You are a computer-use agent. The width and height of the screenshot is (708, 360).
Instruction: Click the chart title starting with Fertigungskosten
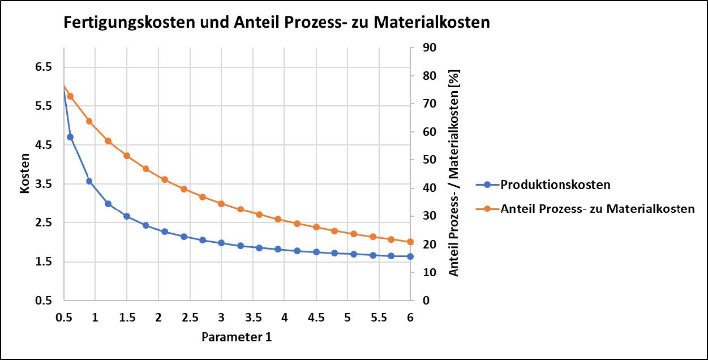[276, 23]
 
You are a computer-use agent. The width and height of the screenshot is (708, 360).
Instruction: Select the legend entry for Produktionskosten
[555, 185]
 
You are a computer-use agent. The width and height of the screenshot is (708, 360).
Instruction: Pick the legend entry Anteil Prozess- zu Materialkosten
[597, 208]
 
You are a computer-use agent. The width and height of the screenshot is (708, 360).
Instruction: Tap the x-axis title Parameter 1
[237, 337]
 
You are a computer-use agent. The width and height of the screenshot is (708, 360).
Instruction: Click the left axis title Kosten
[24, 173]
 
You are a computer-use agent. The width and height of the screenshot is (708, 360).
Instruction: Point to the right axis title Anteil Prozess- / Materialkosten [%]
[454, 173]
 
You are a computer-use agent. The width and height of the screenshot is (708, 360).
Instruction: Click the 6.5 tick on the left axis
[44, 67]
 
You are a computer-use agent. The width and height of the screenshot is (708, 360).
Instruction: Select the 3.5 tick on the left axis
[44, 184]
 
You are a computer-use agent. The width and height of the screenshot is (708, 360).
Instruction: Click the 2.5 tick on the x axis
[190, 317]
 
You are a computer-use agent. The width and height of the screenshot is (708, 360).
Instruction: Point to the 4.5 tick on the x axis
[316, 317]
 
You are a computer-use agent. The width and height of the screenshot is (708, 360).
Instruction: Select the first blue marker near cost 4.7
[70, 137]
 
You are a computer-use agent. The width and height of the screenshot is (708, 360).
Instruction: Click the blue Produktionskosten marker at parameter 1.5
[127, 216]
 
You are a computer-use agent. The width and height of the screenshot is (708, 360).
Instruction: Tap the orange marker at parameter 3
[221, 204]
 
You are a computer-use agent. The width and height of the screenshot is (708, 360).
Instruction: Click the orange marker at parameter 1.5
[127, 156]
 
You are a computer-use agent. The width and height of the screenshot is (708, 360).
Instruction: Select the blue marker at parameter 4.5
[316, 252]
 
